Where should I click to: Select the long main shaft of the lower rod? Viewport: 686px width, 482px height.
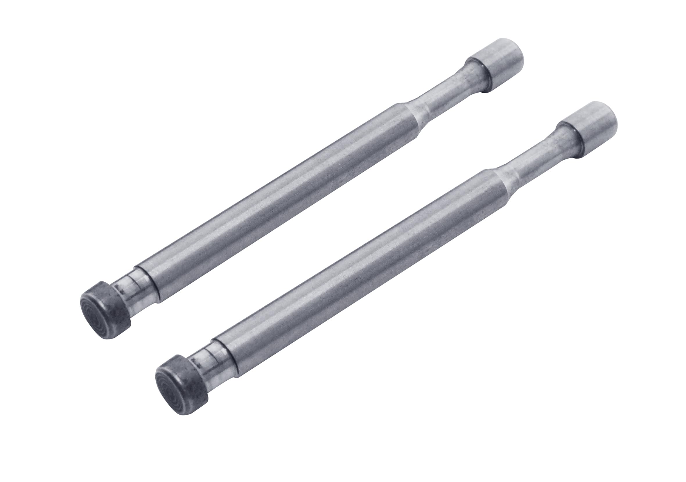(358, 269)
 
